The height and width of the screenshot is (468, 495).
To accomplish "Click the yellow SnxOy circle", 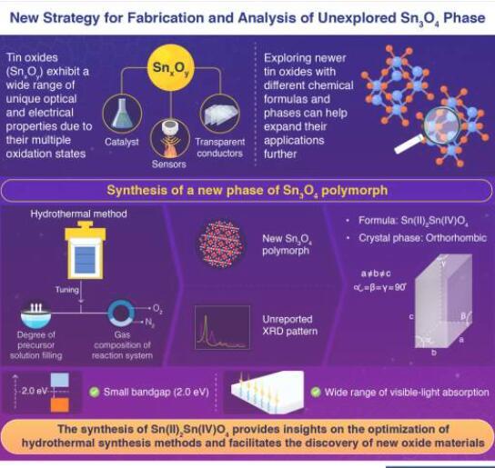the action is click(x=171, y=67).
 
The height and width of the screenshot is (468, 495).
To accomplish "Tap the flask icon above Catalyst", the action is click(x=122, y=114).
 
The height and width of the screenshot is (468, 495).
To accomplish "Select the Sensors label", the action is click(x=169, y=164).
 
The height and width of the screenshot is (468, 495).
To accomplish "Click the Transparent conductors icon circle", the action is click(x=220, y=114).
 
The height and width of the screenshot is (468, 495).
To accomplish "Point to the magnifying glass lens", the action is click(x=442, y=124).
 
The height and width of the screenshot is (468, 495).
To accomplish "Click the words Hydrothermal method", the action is click(x=78, y=214).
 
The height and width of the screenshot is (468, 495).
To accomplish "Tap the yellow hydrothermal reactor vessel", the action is click(x=86, y=250).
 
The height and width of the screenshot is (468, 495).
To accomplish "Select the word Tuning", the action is click(x=67, y=290).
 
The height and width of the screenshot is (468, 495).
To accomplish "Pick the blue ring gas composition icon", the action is click(x=121, y=313).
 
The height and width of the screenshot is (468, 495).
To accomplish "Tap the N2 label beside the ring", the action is click(x=149, y=323).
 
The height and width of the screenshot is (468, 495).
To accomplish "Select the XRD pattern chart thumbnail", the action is click(x=222, y=327).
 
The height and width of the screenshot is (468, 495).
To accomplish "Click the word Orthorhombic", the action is click(x=456, y=238).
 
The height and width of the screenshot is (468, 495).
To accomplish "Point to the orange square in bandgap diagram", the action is click(x=60, y=404).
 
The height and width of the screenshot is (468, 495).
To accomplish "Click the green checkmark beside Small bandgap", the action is click(x=95, y=392).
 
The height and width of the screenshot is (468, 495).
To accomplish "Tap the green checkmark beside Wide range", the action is click(x=316, y=392).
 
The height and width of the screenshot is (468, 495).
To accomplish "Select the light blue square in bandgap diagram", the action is click(x=60, y=380).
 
